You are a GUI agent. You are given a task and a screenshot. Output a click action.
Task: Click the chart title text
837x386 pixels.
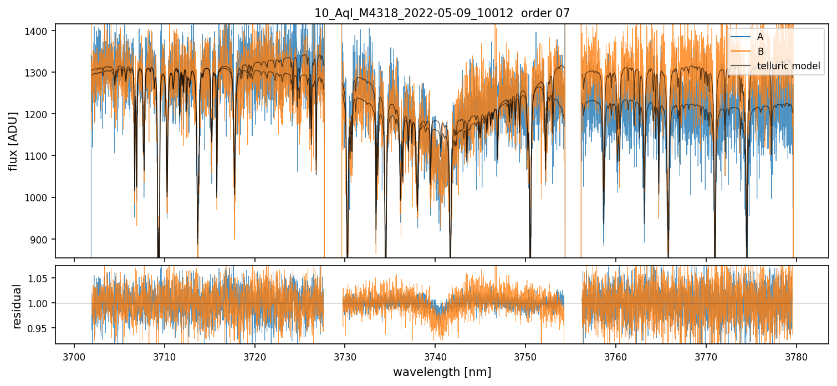pos(442,13)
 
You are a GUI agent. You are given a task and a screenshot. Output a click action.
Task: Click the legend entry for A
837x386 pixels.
pos(760,37)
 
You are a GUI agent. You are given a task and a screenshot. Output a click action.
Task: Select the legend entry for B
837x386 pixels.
pos(760,52)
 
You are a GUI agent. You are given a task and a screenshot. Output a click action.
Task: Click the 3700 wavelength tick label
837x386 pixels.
pos(74,357)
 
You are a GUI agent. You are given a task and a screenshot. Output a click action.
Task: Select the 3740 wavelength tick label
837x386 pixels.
pos(435,357)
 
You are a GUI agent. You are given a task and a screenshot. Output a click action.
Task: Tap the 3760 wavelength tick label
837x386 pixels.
pos(616,357)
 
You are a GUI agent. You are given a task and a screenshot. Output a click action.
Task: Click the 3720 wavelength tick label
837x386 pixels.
pos(255,357)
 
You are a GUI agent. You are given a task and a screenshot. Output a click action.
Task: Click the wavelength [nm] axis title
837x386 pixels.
pos(442,372)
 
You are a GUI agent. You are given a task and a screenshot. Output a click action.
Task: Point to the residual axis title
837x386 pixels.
pos(17,306)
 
